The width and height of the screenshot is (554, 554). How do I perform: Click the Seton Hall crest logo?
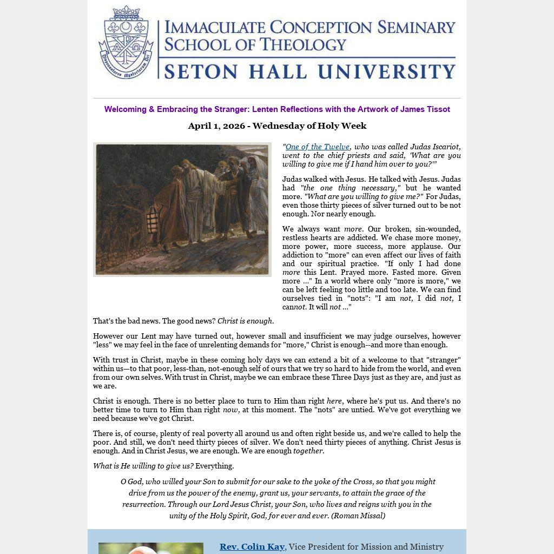click(126, 42)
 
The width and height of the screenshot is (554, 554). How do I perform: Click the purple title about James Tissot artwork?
click(277, 109)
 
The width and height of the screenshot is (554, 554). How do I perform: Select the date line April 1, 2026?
click(277, 126)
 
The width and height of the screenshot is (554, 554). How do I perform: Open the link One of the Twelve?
click(317, 147)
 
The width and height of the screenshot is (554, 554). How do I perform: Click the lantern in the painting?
click(154, 219)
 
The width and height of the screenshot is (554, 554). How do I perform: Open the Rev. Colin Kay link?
click(252, 547)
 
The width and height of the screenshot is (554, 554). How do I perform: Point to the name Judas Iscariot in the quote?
click(435, 147)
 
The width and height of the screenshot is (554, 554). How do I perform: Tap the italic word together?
click(308, 451)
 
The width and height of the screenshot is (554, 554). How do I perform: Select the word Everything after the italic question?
click(215, 466)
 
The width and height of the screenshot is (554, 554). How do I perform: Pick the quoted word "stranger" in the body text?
click(444, 360)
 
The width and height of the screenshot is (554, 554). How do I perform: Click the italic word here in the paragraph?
click(334, 401)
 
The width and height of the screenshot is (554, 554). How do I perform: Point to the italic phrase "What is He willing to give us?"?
click(143, 466)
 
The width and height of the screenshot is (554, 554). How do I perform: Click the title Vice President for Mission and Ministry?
click(366, 547)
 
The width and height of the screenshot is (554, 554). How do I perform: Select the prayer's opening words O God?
click(130, 482)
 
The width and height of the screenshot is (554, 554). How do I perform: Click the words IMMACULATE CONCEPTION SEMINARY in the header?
click(309, 27)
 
